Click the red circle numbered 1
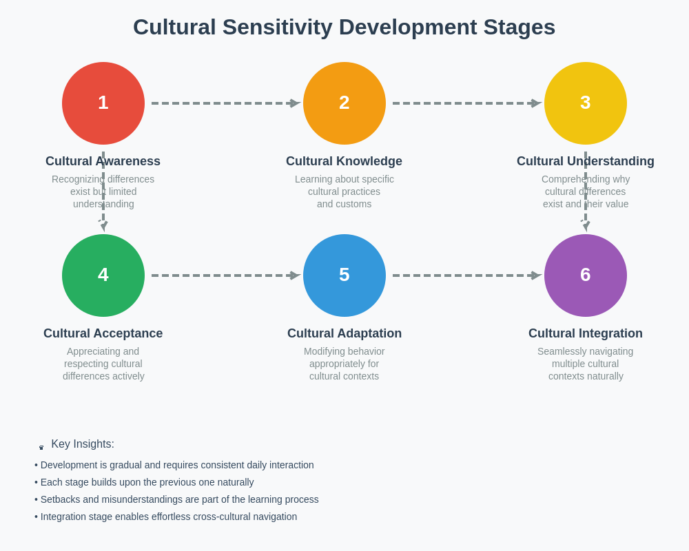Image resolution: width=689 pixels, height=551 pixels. pos(103,103)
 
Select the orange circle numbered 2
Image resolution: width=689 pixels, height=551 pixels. pos(344,103)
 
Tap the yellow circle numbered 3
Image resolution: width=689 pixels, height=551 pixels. pos(586,103)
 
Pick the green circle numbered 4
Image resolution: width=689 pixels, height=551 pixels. pos(103,275)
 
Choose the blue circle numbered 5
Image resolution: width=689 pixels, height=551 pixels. pos(344,275)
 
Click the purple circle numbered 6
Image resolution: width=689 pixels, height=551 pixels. pos(586,275)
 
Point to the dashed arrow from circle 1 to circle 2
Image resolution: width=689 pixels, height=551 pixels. pos(224,103)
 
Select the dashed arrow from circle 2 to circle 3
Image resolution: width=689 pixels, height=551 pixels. pos(465,103)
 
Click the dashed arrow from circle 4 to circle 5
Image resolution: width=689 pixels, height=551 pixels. pos(224,275)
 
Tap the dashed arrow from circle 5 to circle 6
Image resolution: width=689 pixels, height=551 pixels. pos(465,275)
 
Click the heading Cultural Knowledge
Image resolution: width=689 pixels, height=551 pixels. pos(344,161)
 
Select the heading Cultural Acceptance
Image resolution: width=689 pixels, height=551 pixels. pos(103,333)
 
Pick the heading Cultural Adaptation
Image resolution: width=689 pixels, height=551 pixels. pos(344,333)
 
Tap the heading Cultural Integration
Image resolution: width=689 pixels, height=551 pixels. pos(586,333)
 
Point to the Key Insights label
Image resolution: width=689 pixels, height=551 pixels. pos(82,444)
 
